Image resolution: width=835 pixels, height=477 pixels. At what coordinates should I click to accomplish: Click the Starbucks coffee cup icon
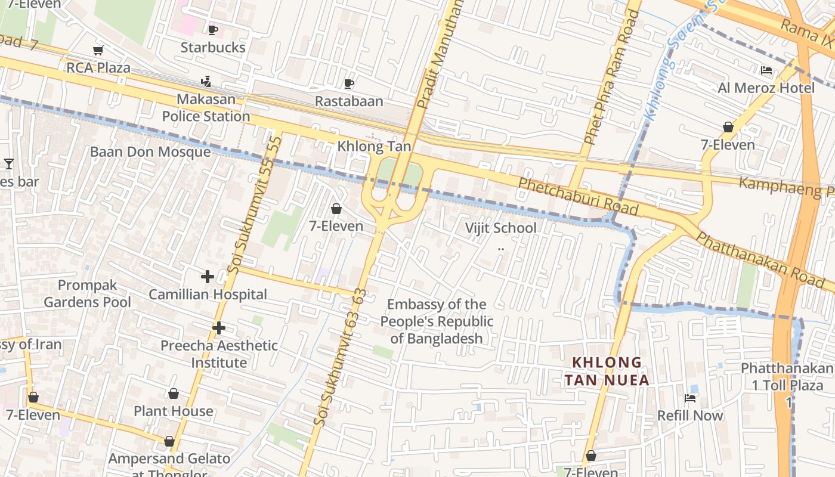point(213,30)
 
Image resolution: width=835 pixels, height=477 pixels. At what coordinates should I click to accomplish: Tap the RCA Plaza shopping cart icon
point(98,51)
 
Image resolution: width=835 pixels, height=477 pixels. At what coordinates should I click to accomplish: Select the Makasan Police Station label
point(206,108)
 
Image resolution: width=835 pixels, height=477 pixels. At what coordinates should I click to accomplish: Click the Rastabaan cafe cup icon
point(349,84)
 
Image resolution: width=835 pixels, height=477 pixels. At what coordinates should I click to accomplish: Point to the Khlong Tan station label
point(374,146)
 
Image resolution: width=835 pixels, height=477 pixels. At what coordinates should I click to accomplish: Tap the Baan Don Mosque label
point(150,152)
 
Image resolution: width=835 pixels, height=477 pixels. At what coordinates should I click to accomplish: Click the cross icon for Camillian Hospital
point(208,277)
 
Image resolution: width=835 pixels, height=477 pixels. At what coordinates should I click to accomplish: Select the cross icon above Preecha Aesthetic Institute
point(219,328)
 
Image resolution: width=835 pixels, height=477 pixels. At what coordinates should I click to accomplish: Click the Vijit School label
point(500,228)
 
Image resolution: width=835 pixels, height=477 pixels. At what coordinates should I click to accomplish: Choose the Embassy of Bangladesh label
point(437,321)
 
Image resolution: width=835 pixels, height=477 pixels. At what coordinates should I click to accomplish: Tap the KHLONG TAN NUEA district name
point(607,371)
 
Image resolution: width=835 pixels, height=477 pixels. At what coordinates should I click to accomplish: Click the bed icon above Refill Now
point(690,398)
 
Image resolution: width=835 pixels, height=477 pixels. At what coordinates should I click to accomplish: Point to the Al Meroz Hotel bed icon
point(766,70)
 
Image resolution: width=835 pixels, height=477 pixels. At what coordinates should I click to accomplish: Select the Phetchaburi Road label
point(578,196)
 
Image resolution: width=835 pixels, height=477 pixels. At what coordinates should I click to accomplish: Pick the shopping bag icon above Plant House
point(173,394)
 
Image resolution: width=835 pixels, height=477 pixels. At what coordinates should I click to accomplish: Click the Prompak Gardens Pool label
point(87,293)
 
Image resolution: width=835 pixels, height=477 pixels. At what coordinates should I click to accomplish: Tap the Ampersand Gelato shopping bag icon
point(169,442)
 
